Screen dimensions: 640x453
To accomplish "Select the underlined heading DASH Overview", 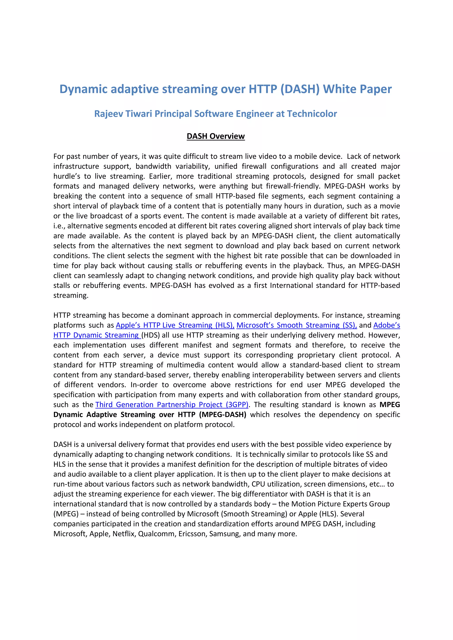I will point(215,136).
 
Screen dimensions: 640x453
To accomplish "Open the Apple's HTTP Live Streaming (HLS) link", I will point(175,325).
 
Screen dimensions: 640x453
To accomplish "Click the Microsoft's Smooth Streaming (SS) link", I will point(296,325).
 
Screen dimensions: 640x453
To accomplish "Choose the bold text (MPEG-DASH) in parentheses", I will point(223,415).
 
